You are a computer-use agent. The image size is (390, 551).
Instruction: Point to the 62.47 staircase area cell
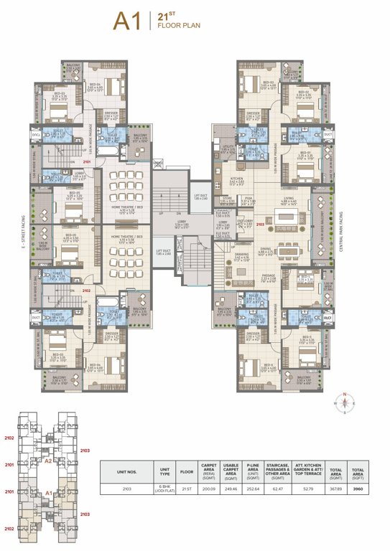(283, 487)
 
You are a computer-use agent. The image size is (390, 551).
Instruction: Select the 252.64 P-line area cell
(252, 487)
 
